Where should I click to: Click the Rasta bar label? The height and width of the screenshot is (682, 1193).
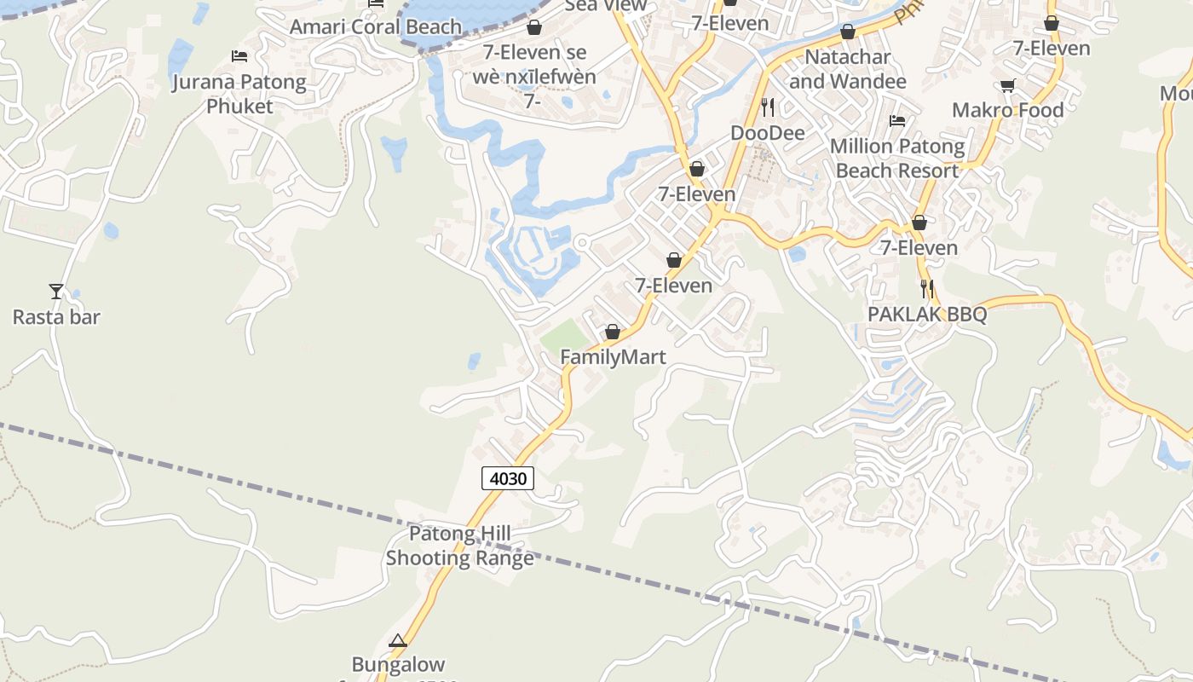point(56,317)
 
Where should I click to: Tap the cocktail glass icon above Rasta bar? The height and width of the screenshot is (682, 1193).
point(56,292)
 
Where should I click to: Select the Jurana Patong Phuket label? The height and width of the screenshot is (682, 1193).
point(239,94)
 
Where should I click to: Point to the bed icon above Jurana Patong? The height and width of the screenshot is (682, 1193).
point(239,56)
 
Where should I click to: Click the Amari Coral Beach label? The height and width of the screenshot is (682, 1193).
point(375,26)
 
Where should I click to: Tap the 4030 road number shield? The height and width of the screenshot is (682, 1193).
point(508,478)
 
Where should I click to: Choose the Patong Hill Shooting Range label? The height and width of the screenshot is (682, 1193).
point(460,546)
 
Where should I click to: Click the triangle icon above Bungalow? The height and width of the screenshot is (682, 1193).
point(398,640)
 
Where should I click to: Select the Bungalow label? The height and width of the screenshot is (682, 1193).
point(398,664)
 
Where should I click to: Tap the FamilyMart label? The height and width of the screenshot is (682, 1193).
point(613,357)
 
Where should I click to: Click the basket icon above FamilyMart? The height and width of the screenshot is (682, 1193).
point(613,332)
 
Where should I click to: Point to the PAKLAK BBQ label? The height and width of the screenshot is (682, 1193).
point(927,315)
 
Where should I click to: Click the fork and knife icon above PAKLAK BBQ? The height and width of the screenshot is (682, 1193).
point(927,289)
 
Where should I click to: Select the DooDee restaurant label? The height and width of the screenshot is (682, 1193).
point(768,133)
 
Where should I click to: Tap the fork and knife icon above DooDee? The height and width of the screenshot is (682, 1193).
point(768,107)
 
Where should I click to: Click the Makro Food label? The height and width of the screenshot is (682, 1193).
point(1008,110)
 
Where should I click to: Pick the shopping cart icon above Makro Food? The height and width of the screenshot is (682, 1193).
point(1008,85)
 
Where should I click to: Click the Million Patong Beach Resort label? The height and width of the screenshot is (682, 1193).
point(897,159)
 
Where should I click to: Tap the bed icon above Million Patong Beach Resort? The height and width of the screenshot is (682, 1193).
point(897,121)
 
